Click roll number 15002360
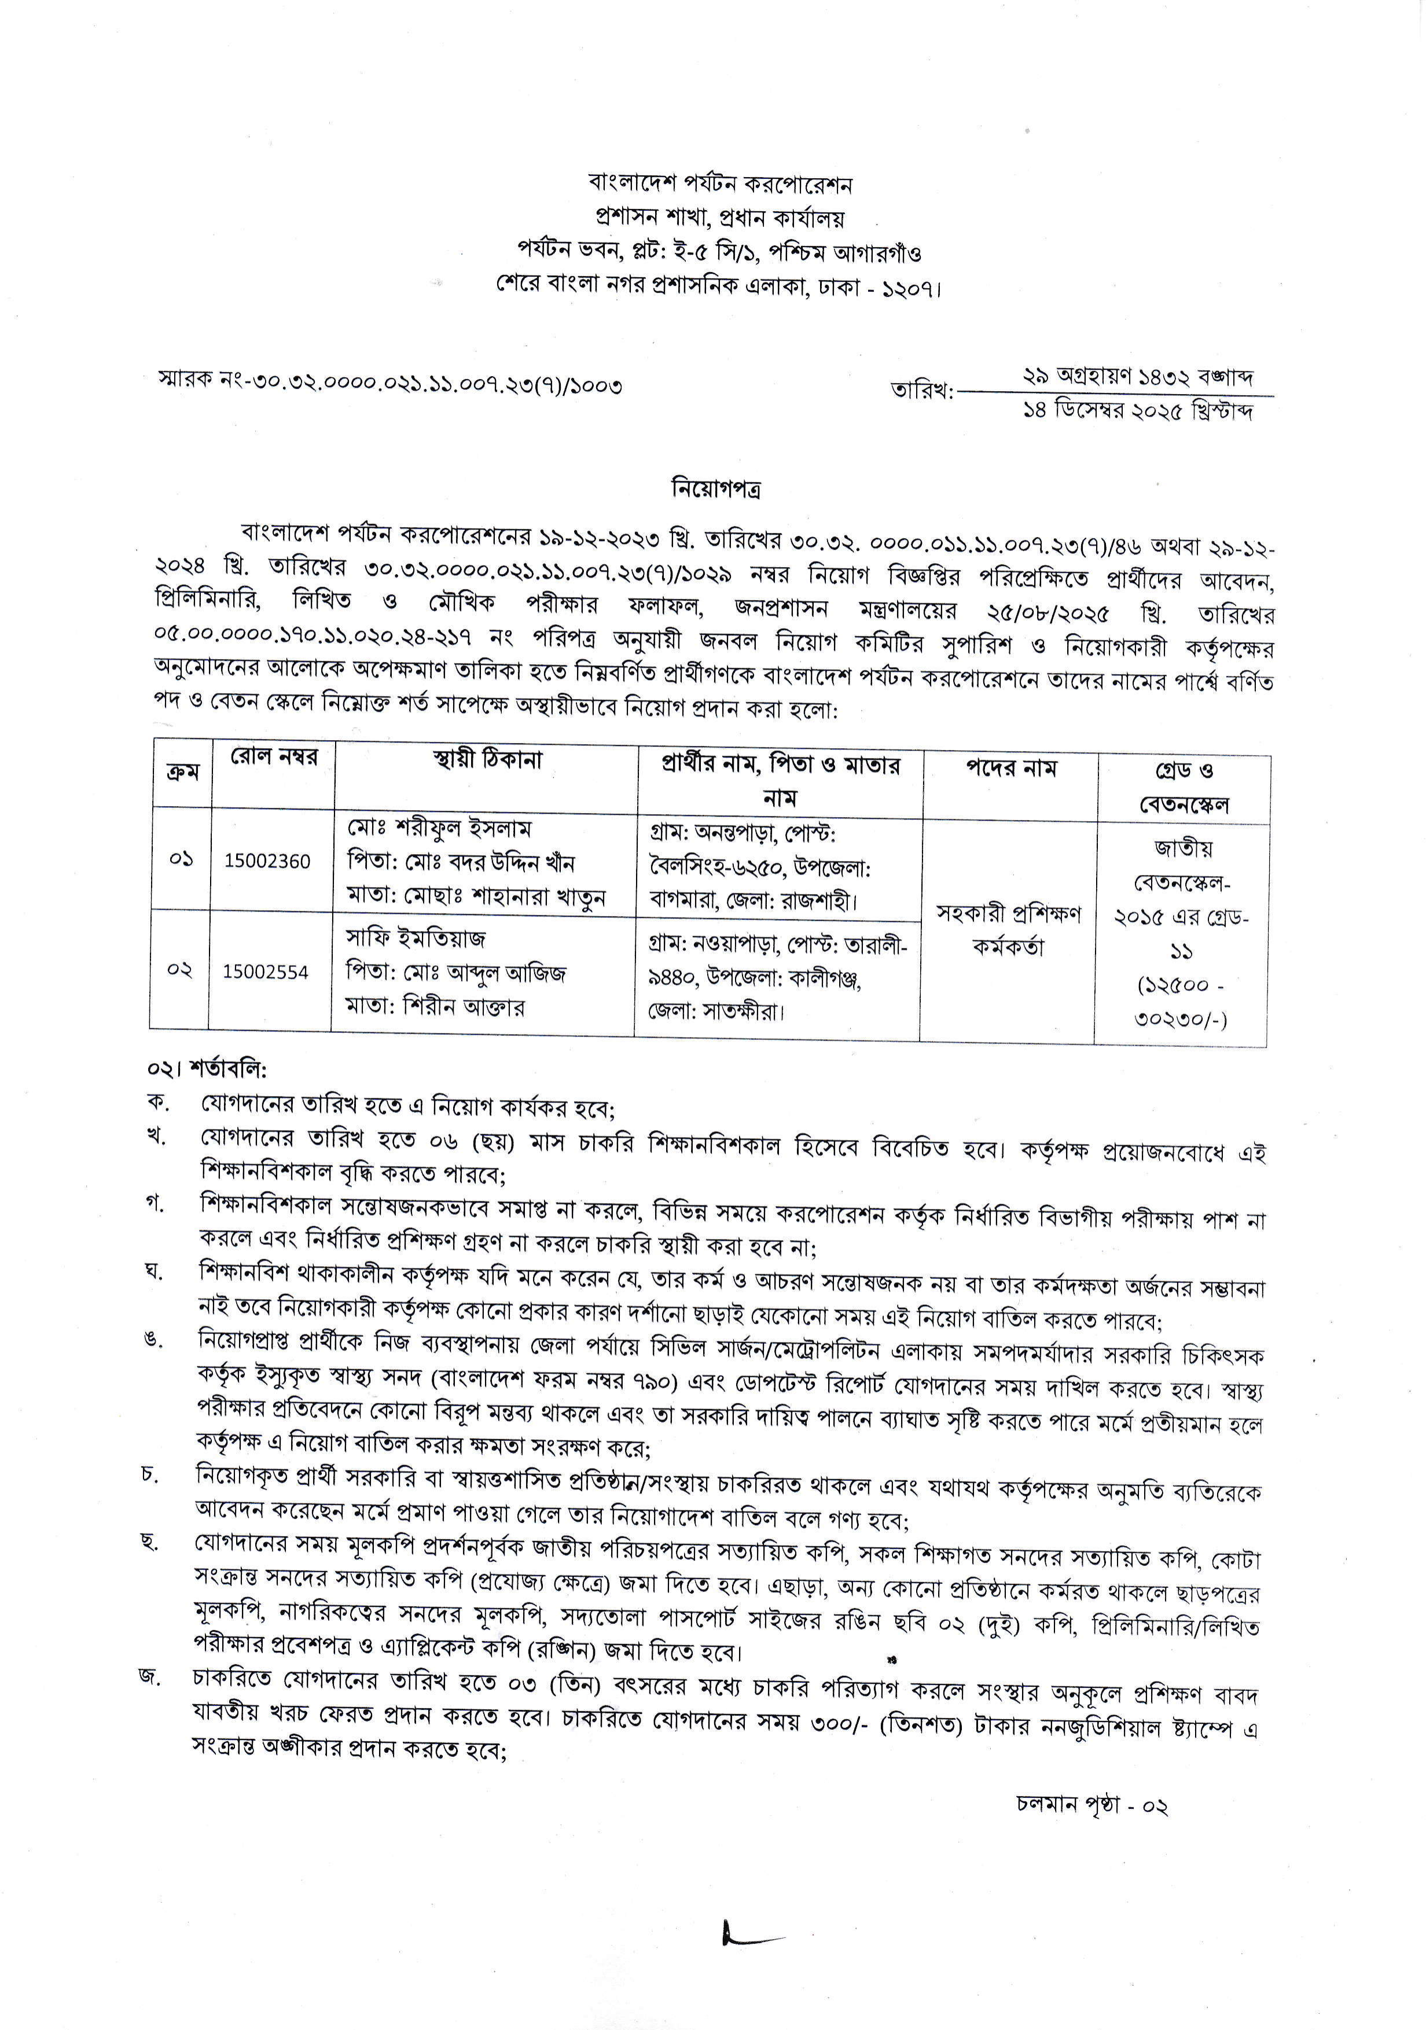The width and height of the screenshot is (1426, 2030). click(x=267, y=861)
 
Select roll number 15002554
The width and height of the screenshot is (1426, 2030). click(x=265, y=972)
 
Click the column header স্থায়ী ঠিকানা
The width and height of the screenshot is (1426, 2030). click(x=487, y=759)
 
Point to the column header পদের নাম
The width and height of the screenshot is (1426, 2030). click(x=1010, y=767)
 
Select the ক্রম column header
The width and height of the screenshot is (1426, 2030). click(x=183, y=773)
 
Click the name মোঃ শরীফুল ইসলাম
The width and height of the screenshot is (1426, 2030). click(x=439, y=829)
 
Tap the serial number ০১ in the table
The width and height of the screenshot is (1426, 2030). click(x=181, y=859)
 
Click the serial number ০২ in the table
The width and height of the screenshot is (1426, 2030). click(x=179, y=970)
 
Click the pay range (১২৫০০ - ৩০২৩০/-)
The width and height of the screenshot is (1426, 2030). click(x=1181, y=1002)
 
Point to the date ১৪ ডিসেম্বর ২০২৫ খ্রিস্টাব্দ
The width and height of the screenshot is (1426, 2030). click(x=1137, y=411)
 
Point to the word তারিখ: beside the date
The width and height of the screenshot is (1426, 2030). click(x=922, y=390)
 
